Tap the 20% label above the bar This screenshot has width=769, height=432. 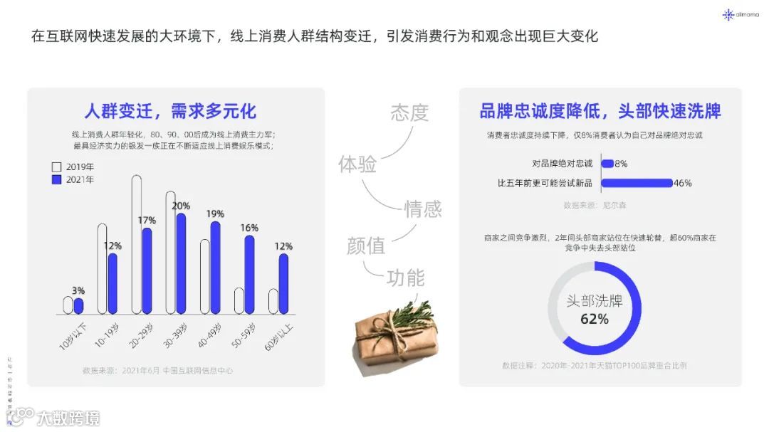pyautogui.click(x=181, y=206)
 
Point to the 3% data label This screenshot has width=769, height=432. pyautogui.click(x=78, y=290)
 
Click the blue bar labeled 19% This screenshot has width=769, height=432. pyautogui.click(x=215, y=268)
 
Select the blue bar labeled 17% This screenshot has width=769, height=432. pyautogui.click(x=147, y=271)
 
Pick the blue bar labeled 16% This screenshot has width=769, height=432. pyautogui.click(x=249, y=275)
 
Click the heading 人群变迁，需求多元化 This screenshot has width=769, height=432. pyautogui.click(x=169, y=111)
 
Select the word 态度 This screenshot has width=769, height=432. pyautogui.click(x=409, y=112)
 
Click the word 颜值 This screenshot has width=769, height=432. pyautogui.click(x=366, y=246)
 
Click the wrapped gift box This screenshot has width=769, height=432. pyautogui.click(x=394, y=335)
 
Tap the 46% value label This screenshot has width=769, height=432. pyautogui.click(x=683, y=183)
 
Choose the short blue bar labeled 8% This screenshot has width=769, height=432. pyautogui.click(x=607, y=164)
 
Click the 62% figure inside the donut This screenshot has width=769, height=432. pyautogui.click(x=595, y=319)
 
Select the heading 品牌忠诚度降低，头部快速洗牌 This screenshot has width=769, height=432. pyautogui.click(x=600, y=111)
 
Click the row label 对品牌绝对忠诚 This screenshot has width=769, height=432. pyautogui.click(x=563, y=164)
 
